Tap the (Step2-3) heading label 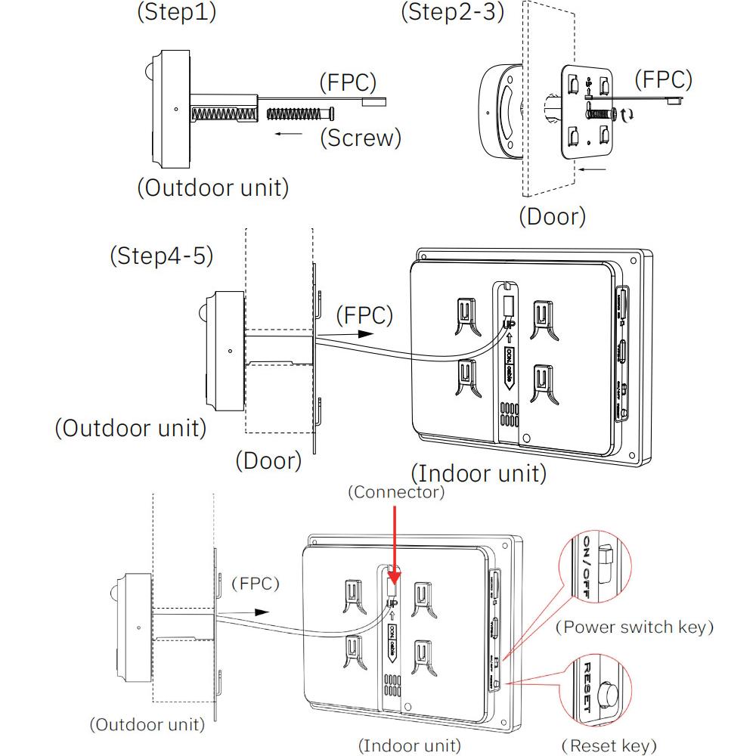click(x=452, y=13)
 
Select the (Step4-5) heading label click(x=161, y=256)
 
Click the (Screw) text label click(x=359, y=138)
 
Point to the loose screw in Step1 click(x=300, y=113)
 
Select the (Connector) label click(x=395, y=492)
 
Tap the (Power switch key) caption click(x=634, y=627)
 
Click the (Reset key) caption click(x=609, y=746)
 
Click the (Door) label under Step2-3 click(x=552, y=216)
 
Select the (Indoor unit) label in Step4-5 click(x=478, y=474)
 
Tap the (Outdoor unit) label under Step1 click(x=212, y=187)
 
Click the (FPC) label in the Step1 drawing click(x=347, y=82)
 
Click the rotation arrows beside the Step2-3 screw click(x=627, y=115)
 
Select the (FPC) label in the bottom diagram click(x=255, y=584)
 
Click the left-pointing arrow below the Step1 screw click(x=290, y=133)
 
